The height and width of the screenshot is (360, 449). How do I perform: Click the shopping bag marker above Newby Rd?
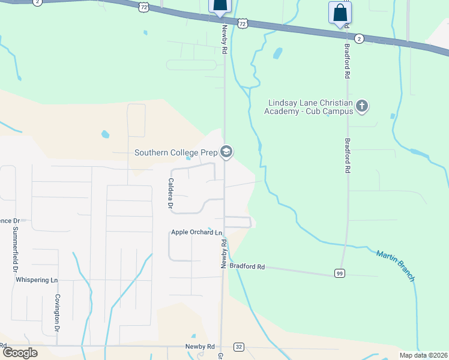(x=220, y=5)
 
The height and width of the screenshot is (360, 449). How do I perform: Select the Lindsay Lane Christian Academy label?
(x=310, y=107)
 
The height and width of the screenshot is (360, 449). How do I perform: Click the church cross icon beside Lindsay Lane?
(x=361, y=107)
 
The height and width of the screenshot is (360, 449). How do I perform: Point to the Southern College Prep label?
(x=176, y=152)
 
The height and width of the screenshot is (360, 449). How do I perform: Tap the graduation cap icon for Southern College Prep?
(x=226, y=152)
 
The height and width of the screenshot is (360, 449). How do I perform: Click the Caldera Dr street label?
(x=170, y=194)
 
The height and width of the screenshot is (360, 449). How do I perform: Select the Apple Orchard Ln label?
(x=196, y=232)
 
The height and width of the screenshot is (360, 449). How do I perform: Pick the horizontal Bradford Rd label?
(x=247, y=266)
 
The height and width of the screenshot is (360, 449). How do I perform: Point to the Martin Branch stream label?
(x=396, y=266)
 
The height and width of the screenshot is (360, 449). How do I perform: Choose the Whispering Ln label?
(x=37, y=280)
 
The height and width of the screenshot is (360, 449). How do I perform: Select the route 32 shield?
(x=239, y=347)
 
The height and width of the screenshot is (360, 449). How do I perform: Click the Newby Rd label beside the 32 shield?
(x=199, y=347)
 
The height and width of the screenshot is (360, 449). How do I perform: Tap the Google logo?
(x=20, y=353)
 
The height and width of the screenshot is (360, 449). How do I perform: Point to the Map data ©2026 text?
(x=423, y=355)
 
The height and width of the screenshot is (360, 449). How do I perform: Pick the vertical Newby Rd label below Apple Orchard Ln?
(x=224, y=254)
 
